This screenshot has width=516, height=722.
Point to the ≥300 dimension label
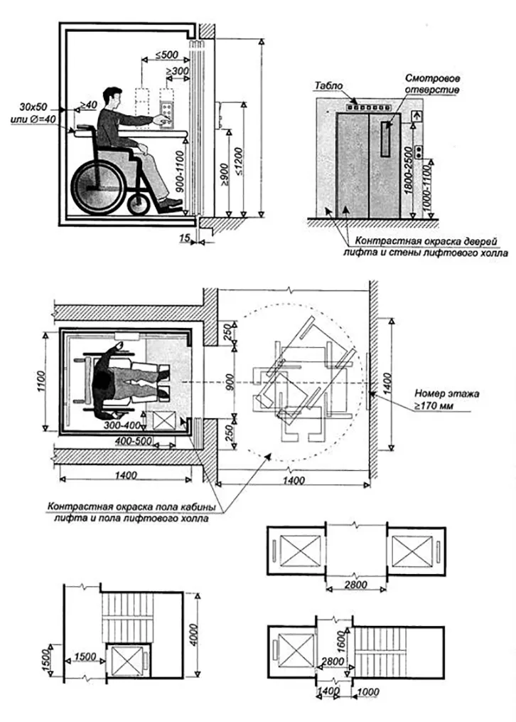tap(177, 72)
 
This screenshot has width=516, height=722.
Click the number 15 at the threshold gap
tap(185, 239)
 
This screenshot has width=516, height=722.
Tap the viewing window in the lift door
tap(386, 139)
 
